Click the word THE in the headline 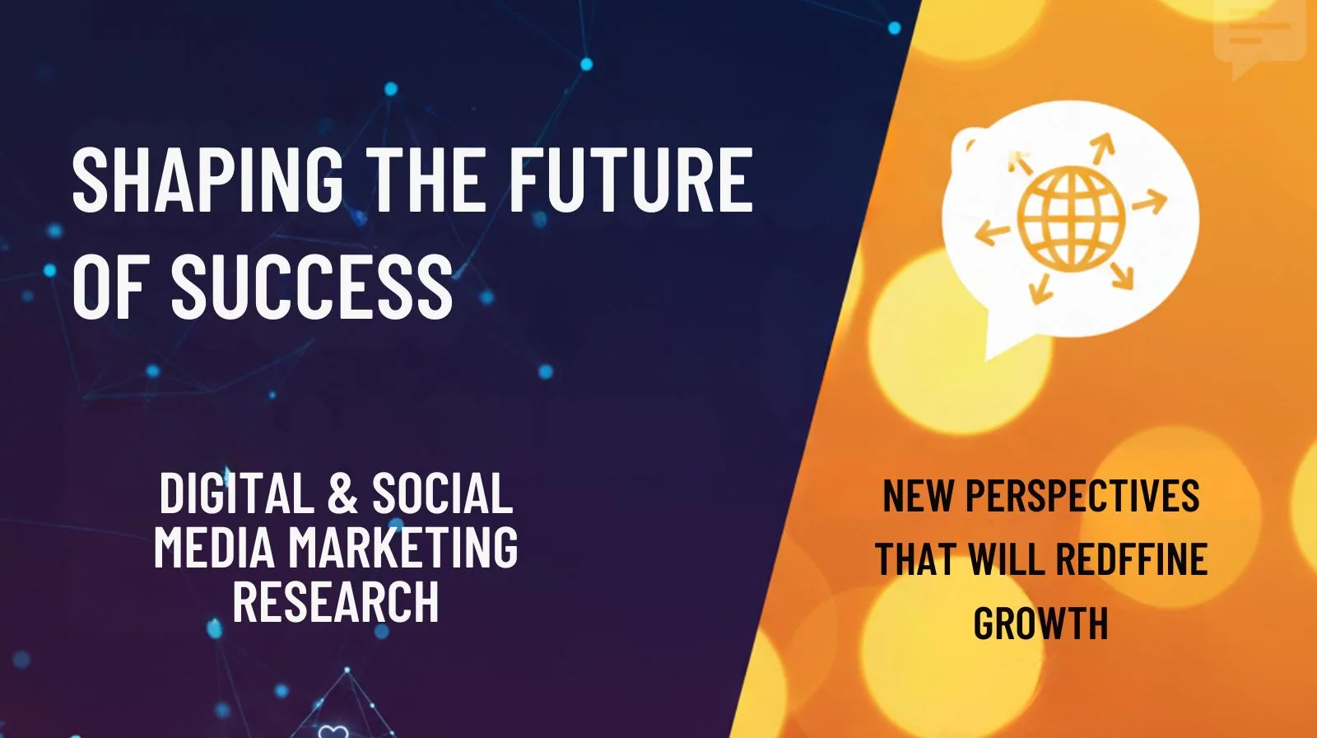click(426, 180)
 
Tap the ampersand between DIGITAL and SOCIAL click(342, 494)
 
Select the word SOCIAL click(442, 494)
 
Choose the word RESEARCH click(336, 600)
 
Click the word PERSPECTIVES click(1082, 496)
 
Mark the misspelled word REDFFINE click(1131, 559)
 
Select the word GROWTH click(1040, 623)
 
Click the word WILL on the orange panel click(1008, 559)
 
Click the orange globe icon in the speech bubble click(1070, 217)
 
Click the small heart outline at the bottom click(331, 731)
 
